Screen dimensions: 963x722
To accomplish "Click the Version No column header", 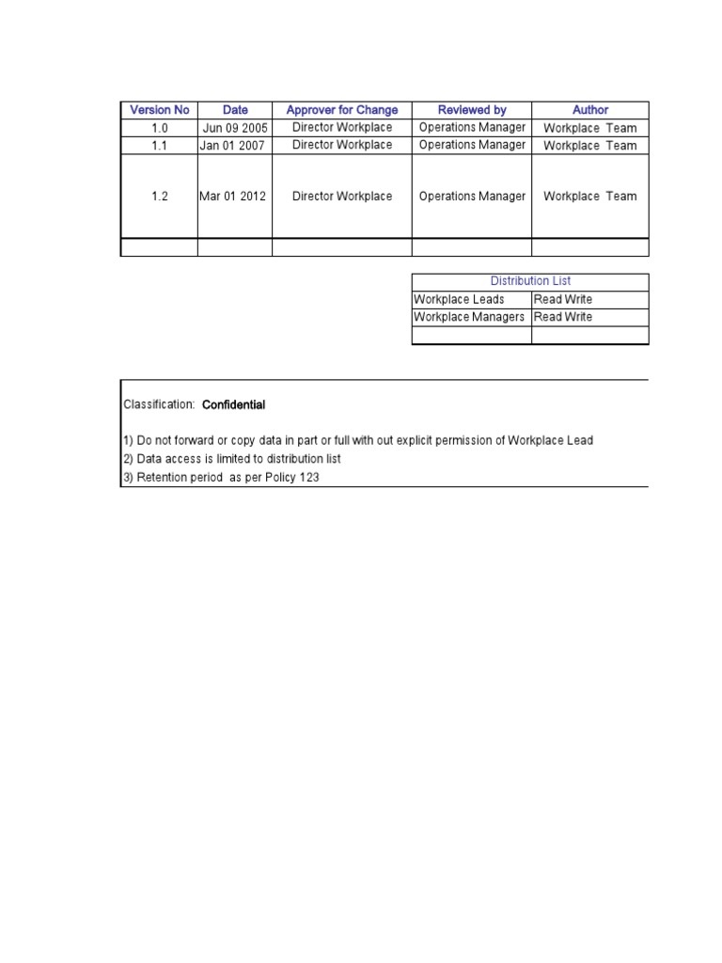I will coord(159,110).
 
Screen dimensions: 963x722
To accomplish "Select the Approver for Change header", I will coord(342,110).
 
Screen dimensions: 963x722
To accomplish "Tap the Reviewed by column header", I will coord(472,110).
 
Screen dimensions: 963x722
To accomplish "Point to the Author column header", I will coord(590,110).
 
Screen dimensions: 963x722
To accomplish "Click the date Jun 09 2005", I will coord(235,128).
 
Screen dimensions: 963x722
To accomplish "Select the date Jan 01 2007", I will coord(234,146).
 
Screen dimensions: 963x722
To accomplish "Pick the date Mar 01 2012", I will coord(233,197).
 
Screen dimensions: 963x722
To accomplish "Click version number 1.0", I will coord(159,128).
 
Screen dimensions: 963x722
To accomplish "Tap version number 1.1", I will coord(159,146).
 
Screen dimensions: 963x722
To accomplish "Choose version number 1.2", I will coord(159,197).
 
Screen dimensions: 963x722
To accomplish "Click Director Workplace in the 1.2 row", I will coord(342,197).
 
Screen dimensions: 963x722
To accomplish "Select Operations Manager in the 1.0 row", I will coord(472,128).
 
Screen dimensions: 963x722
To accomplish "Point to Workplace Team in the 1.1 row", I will coord(590,146).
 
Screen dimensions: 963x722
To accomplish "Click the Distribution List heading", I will coord(530,281).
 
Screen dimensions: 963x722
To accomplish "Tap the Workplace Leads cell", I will coord(459,299).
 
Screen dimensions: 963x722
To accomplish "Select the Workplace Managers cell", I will coord(469,317).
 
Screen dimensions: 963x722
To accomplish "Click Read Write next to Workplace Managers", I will coord(563,317).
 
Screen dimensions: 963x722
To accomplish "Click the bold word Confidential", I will coord(234,404).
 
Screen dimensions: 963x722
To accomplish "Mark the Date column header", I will coord(235,110).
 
